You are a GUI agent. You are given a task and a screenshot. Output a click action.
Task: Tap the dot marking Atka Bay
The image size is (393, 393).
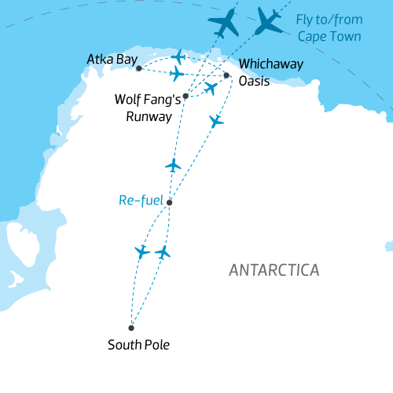pyautogui.click(x=139, y=68)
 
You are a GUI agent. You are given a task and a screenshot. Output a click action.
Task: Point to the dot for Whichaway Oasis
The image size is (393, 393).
pyautogui.click(x=227, y=75)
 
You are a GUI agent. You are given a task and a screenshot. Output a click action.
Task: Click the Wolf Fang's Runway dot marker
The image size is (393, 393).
pyautogui.click(x=185, y=97)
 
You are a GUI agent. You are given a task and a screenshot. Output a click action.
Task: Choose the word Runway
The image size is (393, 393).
pyautogui.click(x=149, y=116)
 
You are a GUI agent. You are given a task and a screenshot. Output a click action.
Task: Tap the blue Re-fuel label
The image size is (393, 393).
pyautogui.click(x=141, y=201)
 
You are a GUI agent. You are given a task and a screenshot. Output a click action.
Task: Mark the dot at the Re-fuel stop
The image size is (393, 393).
pyautogui.click(x=170, y=203)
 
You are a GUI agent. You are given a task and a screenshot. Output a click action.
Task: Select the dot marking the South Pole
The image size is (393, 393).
pyautogui.click(x=131, y=328)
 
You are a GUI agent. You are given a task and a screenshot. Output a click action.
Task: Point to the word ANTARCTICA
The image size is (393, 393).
pyautogui.click(x=274, y=270)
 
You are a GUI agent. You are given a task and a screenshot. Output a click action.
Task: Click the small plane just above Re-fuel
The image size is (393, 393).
pyautogui.click(x=174, y=165)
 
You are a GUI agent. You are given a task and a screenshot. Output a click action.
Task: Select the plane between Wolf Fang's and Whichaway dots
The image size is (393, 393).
pyautogui.click(x=210, y=88)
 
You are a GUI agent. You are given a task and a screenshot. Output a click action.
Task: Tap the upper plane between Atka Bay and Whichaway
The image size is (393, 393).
pyautogui.click(x=179, y=57)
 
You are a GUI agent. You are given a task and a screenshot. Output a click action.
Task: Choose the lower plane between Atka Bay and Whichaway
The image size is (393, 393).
pyautogui.click(x=177, y=74)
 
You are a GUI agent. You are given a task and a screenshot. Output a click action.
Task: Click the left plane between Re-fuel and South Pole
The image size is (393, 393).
pyautogui.click(x=142, y=252)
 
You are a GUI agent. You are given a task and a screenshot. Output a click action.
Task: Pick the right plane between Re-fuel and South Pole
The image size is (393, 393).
pyautogui.click(x=163, y=252)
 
